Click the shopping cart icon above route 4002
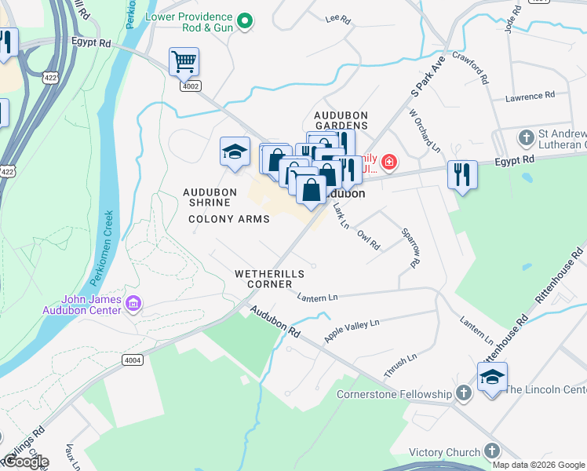(x=184, y=60)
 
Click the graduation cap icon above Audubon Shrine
(x=235, y=152)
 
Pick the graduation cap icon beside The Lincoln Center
(x=492, y=378)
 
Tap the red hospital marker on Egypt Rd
(x=389, y=163)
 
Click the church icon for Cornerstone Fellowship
(x=464, y=394)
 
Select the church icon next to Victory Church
(x=491, y=451)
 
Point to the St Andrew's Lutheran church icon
(x=527, y=138)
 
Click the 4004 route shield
(x=133, y=360)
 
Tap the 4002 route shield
(x=190, y=85)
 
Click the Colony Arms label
(x=228, y=219)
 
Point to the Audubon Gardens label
(x=341, y=119)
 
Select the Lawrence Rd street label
(x=530, y=97)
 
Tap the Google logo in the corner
(x=25, y=462)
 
